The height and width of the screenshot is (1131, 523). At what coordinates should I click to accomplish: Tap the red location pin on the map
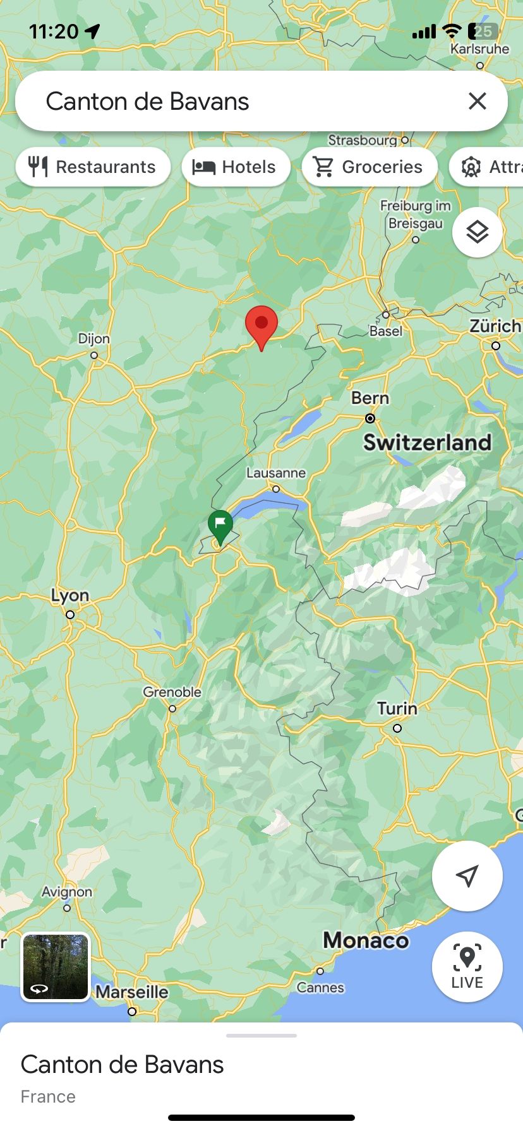coord(261,324)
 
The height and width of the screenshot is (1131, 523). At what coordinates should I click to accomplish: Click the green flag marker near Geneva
coord(220,524)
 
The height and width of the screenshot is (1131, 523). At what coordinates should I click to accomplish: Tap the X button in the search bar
coord(477,101)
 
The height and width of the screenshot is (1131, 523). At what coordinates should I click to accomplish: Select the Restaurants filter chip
coord(93,167)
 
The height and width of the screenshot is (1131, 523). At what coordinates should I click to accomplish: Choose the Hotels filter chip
coord(236,167)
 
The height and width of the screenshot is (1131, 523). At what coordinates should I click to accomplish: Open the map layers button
coord(477,232)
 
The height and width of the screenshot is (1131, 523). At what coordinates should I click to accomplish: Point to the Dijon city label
coord(93,339)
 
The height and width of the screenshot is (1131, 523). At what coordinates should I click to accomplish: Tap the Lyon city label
coord(69,596)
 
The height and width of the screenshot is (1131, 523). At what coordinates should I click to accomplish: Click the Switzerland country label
coord(427,442)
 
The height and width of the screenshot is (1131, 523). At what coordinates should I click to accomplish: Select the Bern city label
coord(370,398)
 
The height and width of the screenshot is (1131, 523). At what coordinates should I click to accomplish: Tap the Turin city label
coord(397,709)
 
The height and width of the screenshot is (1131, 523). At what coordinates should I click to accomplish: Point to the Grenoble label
coord(172,692)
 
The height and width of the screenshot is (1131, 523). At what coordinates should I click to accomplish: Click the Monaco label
coord(366,940)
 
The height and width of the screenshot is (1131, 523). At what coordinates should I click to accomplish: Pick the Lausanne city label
coord(275,473)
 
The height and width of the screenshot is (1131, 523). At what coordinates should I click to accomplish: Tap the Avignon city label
coord(67,892)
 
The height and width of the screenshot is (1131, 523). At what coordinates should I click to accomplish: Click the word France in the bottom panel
coord(48,1096)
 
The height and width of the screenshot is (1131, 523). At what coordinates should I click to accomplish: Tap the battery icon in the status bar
coord(483,31)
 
